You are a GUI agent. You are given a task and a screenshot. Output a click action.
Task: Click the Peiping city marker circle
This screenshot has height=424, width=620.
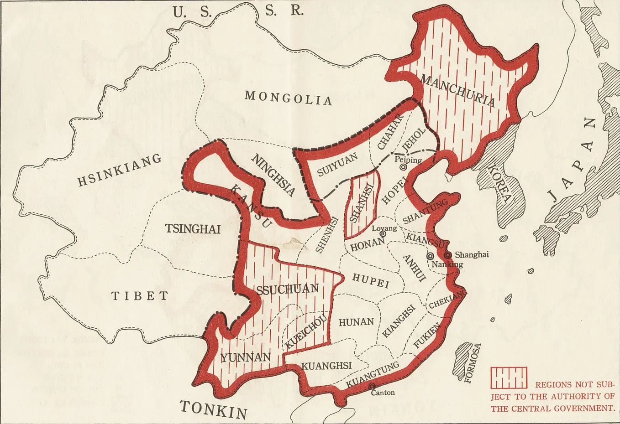click(403, 167)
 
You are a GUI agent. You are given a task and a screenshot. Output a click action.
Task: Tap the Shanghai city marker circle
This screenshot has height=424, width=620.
click(448, 255)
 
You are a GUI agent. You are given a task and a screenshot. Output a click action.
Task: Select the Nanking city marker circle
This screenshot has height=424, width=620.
click(430, 256)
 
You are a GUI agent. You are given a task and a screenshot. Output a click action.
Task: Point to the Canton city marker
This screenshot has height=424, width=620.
click(372, 387)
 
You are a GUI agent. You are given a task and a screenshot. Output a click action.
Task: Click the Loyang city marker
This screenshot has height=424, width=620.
click(383, 234)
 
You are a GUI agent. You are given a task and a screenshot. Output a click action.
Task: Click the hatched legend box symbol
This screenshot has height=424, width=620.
click(509, 378)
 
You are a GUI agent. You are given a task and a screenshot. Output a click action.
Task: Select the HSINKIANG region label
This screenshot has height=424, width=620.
click(119, 170)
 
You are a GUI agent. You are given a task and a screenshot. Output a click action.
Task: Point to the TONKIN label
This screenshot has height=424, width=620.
click(213, 409)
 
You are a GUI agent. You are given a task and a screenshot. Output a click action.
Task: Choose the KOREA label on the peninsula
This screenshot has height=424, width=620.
click(499, 183)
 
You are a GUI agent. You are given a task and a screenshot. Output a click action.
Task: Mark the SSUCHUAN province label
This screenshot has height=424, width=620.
click(287, 289)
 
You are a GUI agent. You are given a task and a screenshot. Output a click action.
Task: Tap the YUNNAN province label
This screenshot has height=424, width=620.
click(246, 357)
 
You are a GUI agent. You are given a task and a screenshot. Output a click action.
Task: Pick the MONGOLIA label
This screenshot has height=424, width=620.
click(288, 98)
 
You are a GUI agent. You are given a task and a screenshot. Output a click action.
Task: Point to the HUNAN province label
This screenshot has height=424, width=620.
click(356, 322)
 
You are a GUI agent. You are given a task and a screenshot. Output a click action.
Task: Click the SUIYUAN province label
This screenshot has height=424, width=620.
click(337, 165)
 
